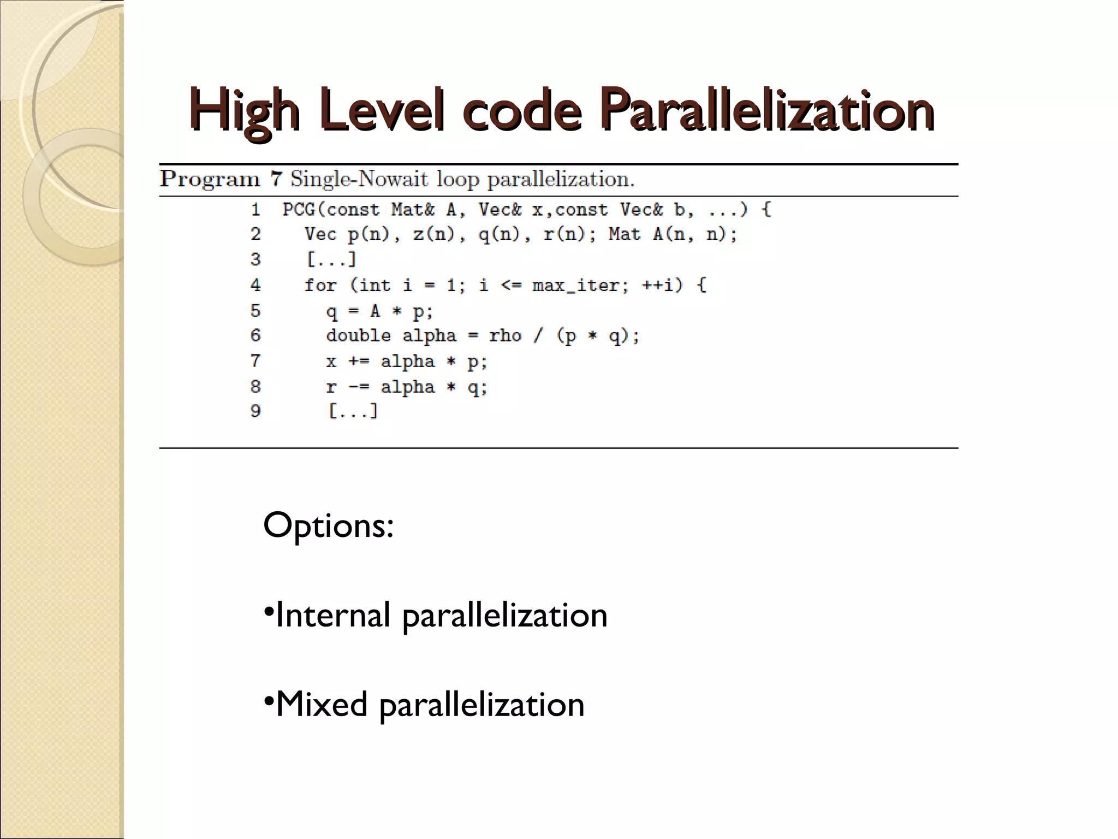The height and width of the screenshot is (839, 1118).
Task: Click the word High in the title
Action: tap(245, 111)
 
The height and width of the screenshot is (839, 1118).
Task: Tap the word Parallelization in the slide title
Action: tap(766, 111)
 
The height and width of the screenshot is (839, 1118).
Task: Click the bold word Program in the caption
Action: tap(210, 179)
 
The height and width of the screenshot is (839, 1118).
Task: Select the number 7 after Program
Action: tap(276, 179)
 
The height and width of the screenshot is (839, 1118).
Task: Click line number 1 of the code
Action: tap(255, 209)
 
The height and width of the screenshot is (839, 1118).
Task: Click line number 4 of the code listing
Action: tap(255, 285)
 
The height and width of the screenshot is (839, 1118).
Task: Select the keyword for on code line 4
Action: tap(320, 285)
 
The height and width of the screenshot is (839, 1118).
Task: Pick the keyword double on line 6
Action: tap(358, 335)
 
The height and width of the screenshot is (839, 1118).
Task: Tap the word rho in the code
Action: tap(505, 335)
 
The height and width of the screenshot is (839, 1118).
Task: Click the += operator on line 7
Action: tap(359, 361)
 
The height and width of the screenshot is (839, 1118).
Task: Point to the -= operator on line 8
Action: tap(359, 387)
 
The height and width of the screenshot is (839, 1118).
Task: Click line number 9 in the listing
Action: tap(255, 411)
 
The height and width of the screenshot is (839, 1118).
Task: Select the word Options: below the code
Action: tap(328, 525)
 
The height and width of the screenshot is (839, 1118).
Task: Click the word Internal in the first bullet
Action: tap(332, 615)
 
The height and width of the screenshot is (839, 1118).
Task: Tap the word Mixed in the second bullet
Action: tap(322, 704)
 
